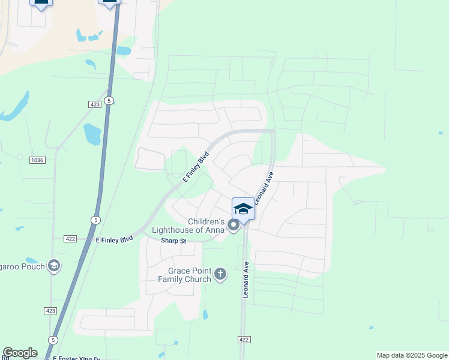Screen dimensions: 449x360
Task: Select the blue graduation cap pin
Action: coord(243,209)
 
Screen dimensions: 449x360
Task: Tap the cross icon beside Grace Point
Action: coord(220,274)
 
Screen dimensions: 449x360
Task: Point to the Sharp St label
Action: coord(174,241)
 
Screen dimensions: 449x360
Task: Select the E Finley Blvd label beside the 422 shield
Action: coord(114,239)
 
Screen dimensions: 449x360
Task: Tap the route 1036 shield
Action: coord(37,160)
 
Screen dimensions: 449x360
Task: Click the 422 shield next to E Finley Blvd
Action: coord(70,239)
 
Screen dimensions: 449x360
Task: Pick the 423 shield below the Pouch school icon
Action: coord(50,310)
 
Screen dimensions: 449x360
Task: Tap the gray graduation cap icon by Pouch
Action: coord(54,265)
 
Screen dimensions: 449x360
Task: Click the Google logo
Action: coord(20,353)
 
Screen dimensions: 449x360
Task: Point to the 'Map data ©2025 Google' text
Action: coord(412,355)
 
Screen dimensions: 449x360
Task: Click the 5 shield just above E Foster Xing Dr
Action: coord(53,340)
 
